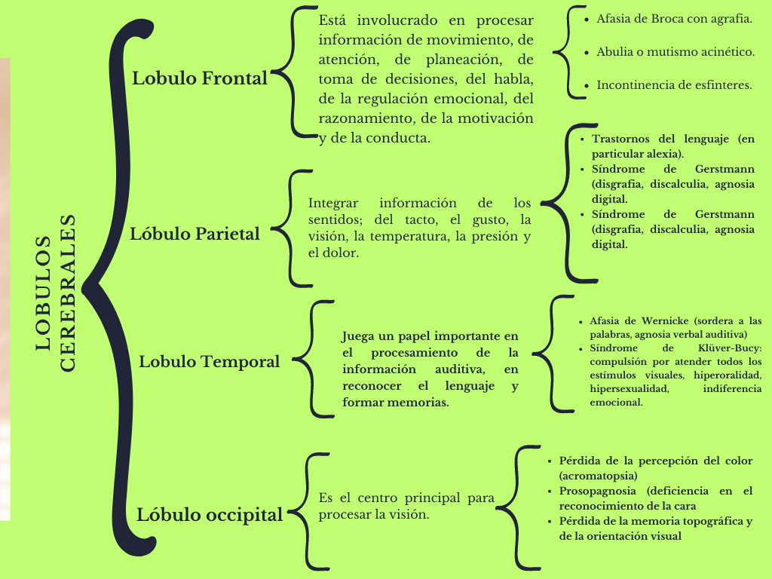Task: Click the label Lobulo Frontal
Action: tap(200, 78)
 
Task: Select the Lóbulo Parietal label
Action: tap(195, 234)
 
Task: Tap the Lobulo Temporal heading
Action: tap(209, 362)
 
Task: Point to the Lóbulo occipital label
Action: tap(210, 515)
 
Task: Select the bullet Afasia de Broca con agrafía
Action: tap(673, 19)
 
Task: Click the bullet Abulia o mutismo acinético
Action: tap(675, 52)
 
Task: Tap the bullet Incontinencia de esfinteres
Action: tap(674, 85)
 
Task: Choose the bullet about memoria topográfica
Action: tap(655, 528)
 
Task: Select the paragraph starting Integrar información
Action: tap(419, 228)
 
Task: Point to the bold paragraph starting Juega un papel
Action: tap(430, 369)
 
